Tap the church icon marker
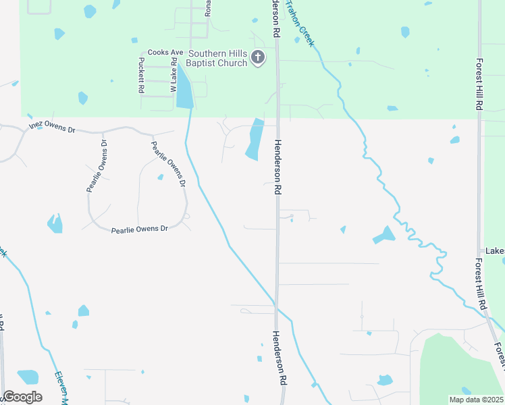pyautogui.click(x=258, y=59)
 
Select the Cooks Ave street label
pyautogui.click(x=165, y=52)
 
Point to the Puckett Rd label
pyautogui.click(x=141, y=74)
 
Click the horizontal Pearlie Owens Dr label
pyautogui.click(x=139, y=230)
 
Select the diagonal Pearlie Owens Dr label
pyautogui.click(x=167, y=163)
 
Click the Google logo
pyautogui.click(x=22, y=397)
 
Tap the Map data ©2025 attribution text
pyautogui.click(x=475, y=400)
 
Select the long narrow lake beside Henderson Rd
pyautogui.click(x=254, y=140)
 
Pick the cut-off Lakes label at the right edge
pyautogui.click(x=494, y=251)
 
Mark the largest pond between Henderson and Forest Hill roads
pyautogui.click(x=384, y=236)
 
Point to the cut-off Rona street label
pyautogui.click(x=209, y=8)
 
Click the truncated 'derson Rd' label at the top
pyautogui.click(x=276, y=18)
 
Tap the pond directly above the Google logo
pyautogui.click(x=28, y=376)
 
